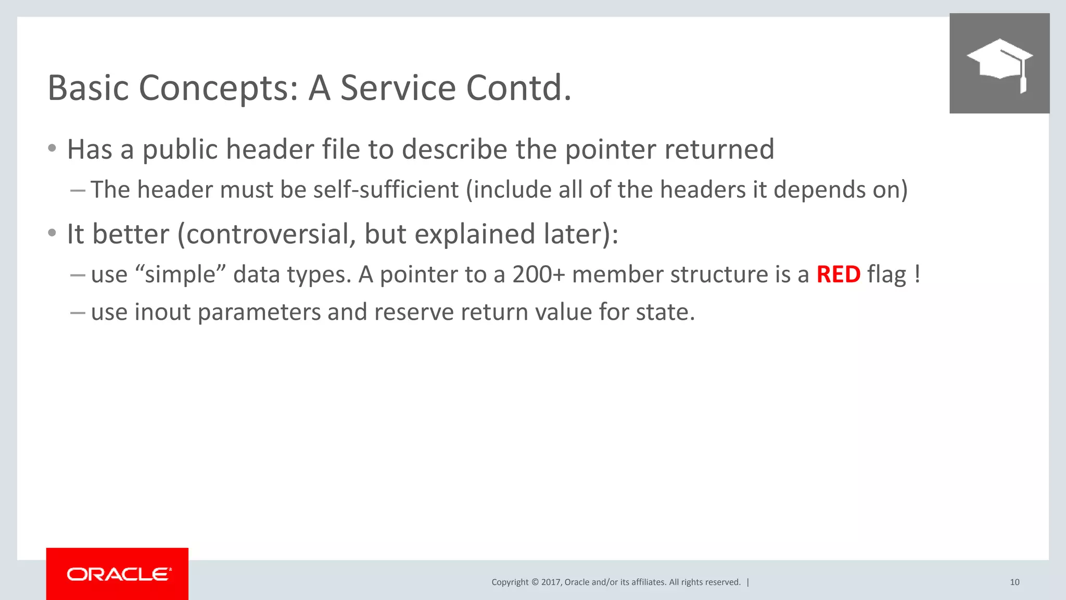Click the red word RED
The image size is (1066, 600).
coord(838,274)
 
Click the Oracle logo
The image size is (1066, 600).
coord(118,574)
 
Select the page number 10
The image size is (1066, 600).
coord(1014,582)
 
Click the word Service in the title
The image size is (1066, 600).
coord(398,87)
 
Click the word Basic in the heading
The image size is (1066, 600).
coord(88,87)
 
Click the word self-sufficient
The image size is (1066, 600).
coord(386,190)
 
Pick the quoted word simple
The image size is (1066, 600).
coord(180,274)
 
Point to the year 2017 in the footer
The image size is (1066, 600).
coord(550,582)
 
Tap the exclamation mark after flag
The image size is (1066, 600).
coord(917,274)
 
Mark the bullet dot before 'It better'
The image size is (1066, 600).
coord(52,233)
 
